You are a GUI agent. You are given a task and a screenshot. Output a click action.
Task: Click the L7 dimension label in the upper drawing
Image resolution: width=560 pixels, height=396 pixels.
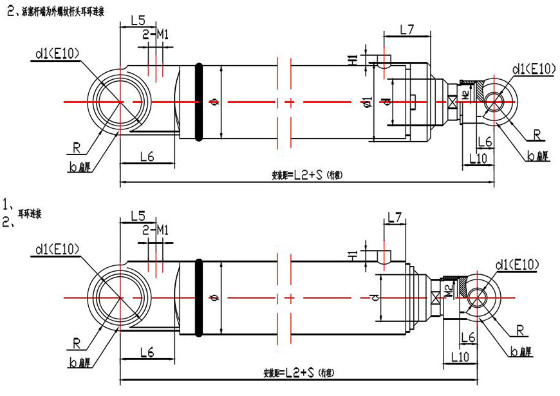point(406,29)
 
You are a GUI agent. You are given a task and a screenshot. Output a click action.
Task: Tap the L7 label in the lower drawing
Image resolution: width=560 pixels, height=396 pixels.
point(396,218)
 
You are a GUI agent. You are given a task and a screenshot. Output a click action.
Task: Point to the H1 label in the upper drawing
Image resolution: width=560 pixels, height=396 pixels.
point(353,62)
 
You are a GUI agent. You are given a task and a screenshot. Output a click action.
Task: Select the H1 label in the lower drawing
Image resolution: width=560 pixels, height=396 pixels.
point(353,256)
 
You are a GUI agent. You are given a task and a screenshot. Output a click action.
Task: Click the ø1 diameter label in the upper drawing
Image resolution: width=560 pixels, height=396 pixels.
point(367,102)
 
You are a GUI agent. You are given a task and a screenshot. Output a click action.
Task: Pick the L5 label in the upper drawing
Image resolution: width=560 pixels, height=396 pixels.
point(138,20)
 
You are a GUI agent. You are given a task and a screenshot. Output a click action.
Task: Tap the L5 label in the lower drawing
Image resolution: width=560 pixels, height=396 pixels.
point(138,215)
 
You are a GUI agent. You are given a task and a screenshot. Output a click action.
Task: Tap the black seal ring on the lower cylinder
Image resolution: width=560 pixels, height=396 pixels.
point(198,297)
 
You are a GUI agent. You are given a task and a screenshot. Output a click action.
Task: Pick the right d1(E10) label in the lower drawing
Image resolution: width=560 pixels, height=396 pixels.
point(517,264)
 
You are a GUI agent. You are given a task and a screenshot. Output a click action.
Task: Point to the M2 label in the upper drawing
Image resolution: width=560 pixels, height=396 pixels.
point(465,95)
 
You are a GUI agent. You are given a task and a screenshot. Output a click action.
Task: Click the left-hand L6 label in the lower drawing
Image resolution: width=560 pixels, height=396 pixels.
point(147,352)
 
